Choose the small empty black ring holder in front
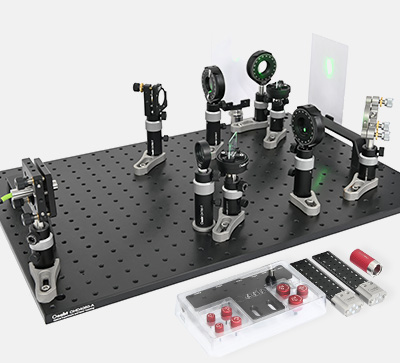coord(206,156)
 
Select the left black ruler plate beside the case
coord(312,274)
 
